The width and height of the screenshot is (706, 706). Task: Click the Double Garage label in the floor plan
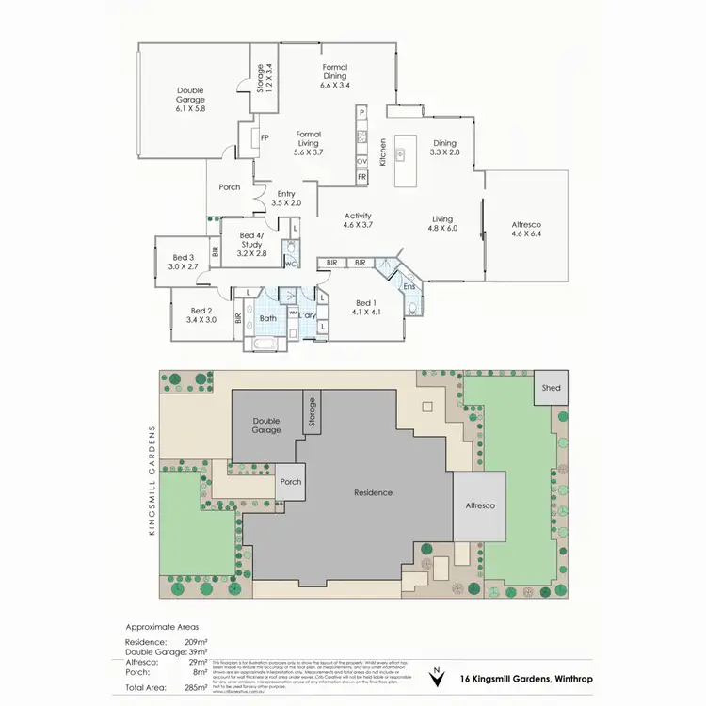click(x=190, y=99)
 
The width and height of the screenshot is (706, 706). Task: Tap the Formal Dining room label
click(x=335, y=75)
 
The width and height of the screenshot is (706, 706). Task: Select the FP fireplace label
click(x=265, y=137)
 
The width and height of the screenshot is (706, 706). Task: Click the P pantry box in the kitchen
click(x=361, y=113)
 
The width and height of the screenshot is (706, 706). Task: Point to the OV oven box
click(x=361, y=161)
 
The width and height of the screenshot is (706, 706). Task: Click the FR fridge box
click(x=361, y=176)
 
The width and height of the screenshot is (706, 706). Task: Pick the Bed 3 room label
click(x=184, y=262)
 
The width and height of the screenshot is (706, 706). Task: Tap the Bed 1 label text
click(x=365, y=307)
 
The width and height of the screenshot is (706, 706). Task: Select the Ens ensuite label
click(x=409, y=285)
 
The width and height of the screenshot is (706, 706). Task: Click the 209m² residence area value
click(x=196, y=640)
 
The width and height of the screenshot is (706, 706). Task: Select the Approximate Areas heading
click(x=161, y=626)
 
